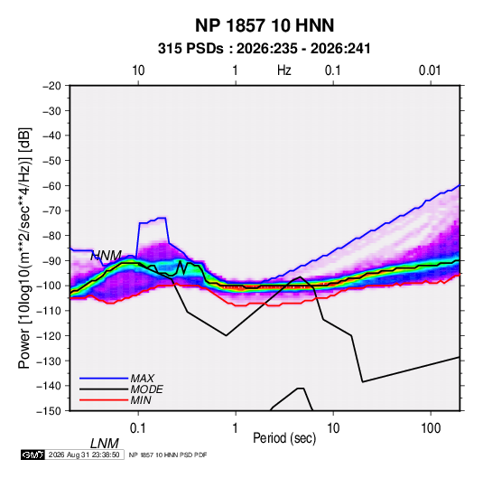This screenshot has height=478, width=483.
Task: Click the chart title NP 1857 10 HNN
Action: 265,25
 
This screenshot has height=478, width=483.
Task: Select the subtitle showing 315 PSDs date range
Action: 264,49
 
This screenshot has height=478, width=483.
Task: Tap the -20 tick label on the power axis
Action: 51,86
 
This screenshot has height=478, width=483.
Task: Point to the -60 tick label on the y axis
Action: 51,185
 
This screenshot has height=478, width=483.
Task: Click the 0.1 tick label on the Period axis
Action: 137,428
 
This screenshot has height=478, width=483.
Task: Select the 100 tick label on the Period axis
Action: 431,428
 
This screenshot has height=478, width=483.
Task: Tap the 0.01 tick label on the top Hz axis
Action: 430,70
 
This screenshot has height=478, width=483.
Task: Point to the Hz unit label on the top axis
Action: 284,70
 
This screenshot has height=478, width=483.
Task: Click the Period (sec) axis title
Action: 284,438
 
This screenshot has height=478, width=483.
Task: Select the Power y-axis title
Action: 24,248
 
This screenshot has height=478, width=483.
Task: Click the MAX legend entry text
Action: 143,379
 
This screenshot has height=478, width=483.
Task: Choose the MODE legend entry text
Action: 146,389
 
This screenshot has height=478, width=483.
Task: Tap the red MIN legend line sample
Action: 104,400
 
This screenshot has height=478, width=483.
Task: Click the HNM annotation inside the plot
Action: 106,256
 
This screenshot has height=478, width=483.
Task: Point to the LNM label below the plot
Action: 105,444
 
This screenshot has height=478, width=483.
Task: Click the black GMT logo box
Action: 33,455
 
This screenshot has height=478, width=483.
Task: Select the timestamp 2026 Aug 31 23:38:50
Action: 84,455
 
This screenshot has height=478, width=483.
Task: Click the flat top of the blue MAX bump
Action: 153,220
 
